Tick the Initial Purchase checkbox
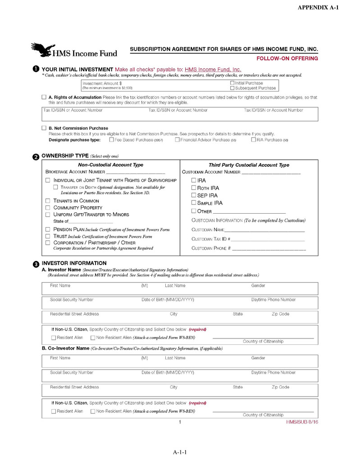(x=232, y=83)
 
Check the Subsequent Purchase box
(x=232, y=88)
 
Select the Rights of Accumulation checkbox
(x=44, y=97)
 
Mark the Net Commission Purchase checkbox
(x=44, y=128)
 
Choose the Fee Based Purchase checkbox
(x=111, y=140)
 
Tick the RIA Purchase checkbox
(x=253, y=140)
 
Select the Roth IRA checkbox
(x=194, y=188)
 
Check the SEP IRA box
(x=194, y=196)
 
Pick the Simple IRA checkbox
(x=194, y=203)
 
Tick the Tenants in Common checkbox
(x=48, y=201)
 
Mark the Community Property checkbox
(x=48, y=207)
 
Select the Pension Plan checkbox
(x=48, y=229)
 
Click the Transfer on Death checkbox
(x=55, y=187)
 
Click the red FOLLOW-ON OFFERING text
(x=287, y=59)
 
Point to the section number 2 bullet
(x=36, y=157)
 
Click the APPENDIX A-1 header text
(x=318, y=8)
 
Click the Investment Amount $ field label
(x=102, y=83)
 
